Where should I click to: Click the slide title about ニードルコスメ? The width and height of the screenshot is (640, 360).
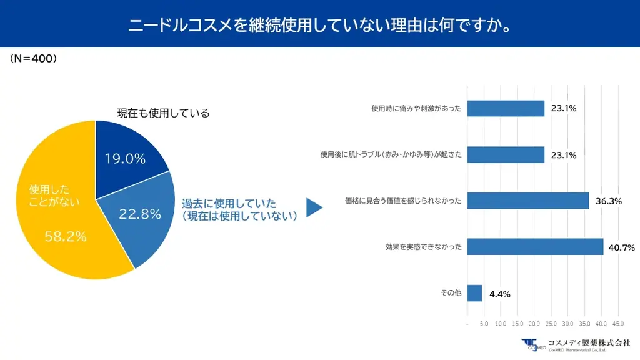(x=320, y=26)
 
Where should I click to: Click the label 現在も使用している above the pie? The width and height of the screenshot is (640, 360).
(x=163, y=113)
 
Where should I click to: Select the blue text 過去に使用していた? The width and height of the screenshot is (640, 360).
(x=229, y=204)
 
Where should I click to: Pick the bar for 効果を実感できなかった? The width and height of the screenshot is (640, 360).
(x=535, y=247)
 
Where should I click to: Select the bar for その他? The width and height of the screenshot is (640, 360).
(x=474, y=293)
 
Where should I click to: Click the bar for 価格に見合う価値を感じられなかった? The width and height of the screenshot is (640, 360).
(x=528, y=201)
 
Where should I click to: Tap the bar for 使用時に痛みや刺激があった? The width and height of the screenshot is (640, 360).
(x=506, y=108)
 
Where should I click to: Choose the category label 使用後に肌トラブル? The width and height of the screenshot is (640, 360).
(x=391, y=154)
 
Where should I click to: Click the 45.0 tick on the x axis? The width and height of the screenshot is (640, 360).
(x=617, y=324)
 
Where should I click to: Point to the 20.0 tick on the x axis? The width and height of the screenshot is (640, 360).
(x=534, y=324)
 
